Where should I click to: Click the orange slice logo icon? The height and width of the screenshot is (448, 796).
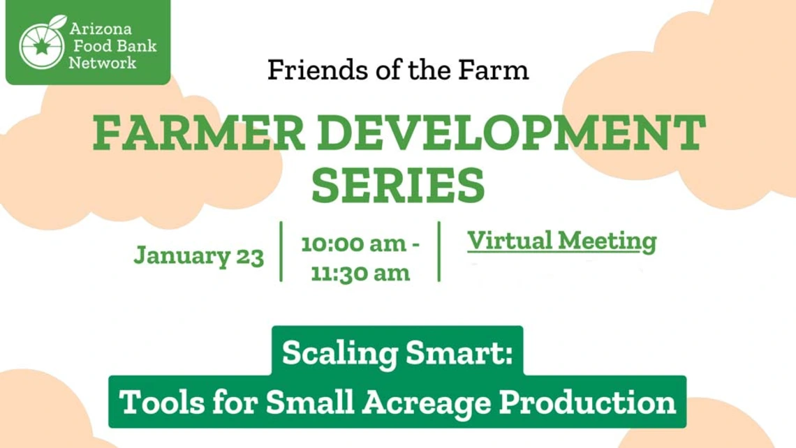[x=42, y=43]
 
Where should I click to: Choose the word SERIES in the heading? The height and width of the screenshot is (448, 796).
[x=398, y=185]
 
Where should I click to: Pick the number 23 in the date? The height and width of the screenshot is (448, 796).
[x=249, y=256]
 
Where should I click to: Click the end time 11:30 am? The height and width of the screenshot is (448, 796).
[x=360, y=272]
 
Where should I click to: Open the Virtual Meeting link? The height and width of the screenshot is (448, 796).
[x=562, y=241]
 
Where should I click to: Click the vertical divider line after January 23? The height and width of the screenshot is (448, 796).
[x=281, y=252]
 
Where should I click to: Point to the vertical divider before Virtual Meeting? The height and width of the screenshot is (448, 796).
[x=438, y=252]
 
